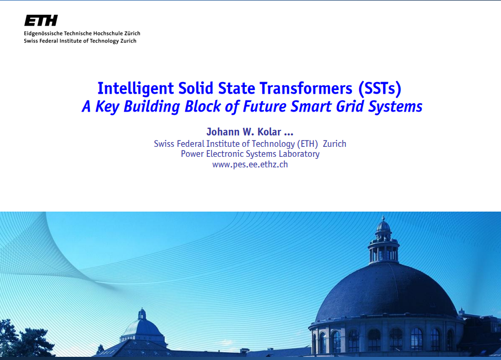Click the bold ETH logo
click(x=41, y=21)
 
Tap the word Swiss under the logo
click(x=31, y=41)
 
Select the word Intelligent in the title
click(x=135, y=89)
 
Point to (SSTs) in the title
click(x=379, y=89)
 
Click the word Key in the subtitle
click(x=107, y=107)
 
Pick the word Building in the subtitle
click(x=152, y=107)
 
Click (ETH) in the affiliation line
click(x=307, y=144)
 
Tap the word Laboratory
click(x=299, y=154)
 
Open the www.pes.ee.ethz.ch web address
click(x=250, y=165)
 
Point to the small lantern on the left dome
click(x=142, y=314)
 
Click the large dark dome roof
click(x=386, y=292)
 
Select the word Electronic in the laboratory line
click(x=225, y=154)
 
